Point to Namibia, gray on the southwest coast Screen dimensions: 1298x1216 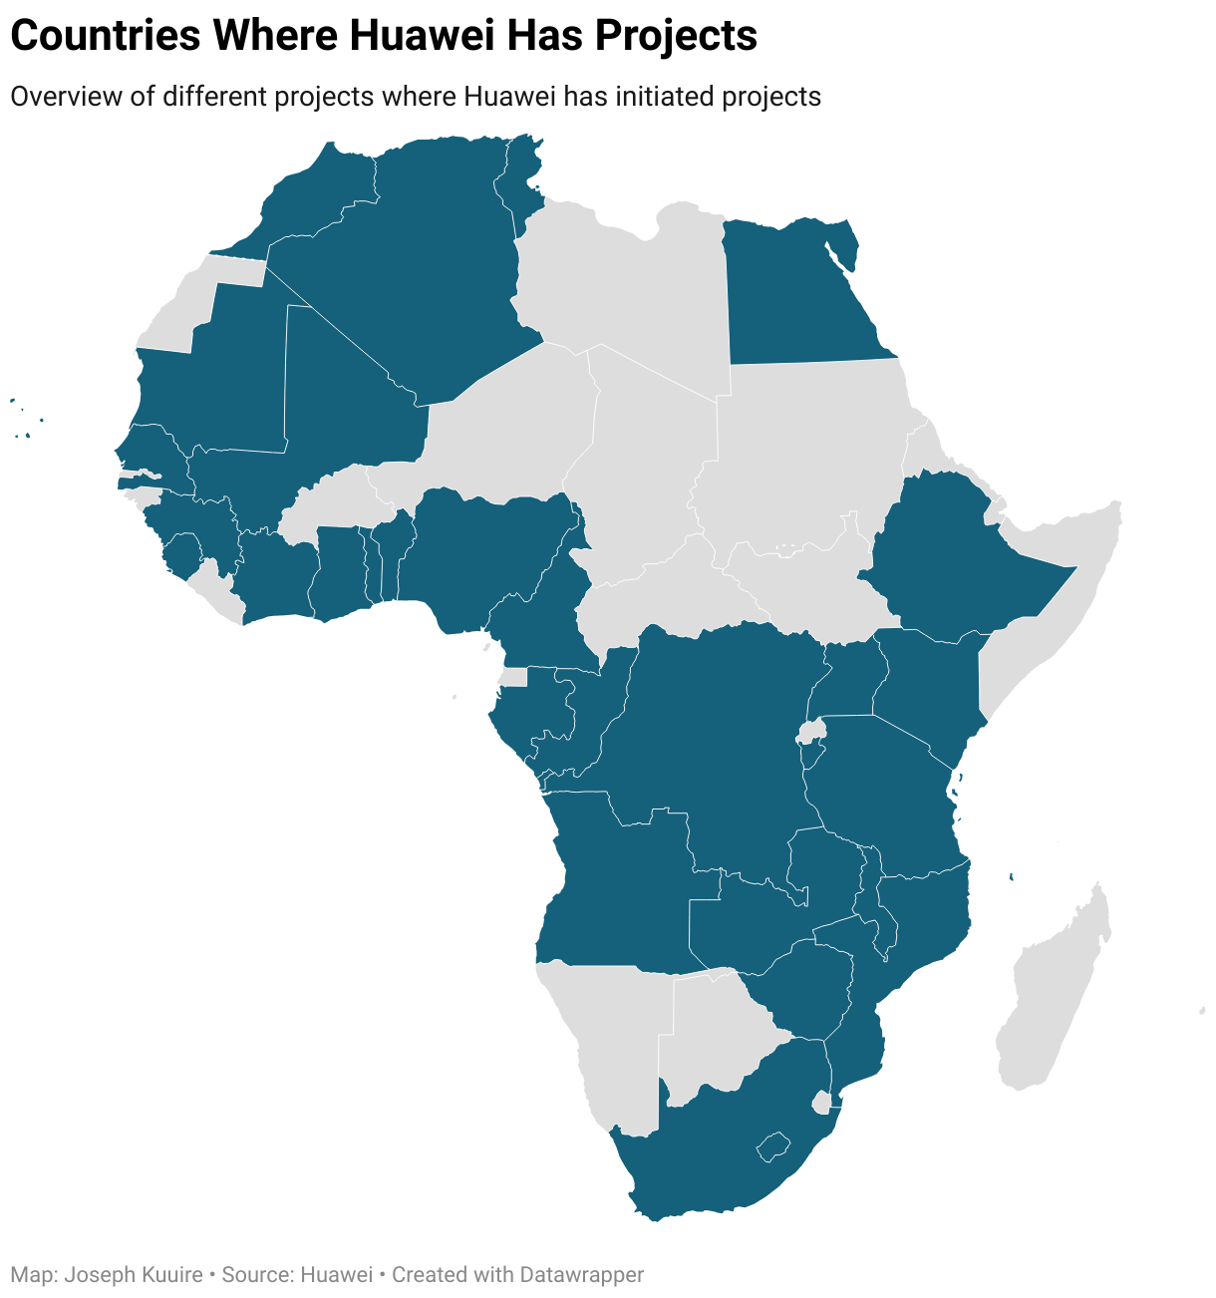[613, 1037]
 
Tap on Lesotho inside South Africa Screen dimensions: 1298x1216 [773, 1145]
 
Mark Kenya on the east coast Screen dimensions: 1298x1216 [932, 688]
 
